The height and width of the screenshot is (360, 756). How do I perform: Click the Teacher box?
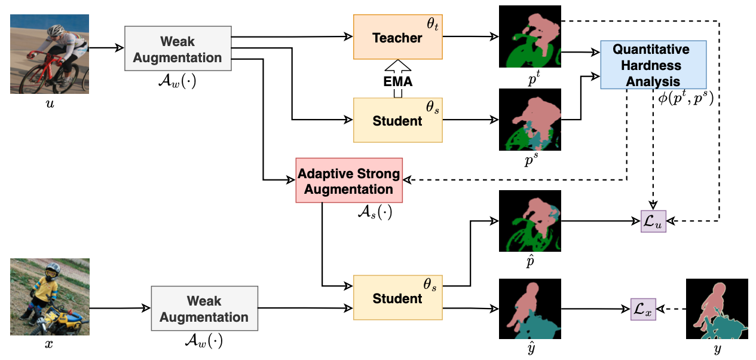397,37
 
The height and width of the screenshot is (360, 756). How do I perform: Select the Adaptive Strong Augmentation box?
349,181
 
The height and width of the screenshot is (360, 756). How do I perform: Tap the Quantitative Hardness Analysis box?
653,65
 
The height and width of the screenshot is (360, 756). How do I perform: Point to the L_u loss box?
653,221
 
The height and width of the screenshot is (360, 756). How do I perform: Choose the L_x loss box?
644,309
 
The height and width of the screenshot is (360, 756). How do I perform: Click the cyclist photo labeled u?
50,54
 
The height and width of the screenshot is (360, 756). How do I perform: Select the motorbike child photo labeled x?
50,297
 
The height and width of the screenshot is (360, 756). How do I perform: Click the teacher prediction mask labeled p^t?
530,36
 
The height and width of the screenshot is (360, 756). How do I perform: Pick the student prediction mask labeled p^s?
530,120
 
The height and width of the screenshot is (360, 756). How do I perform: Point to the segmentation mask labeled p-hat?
530,221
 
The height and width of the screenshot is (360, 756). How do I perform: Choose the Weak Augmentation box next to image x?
204,309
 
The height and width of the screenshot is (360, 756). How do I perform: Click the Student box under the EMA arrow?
397,120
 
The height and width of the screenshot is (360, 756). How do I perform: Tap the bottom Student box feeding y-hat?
397,297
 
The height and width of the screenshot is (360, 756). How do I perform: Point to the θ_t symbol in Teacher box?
431,24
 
